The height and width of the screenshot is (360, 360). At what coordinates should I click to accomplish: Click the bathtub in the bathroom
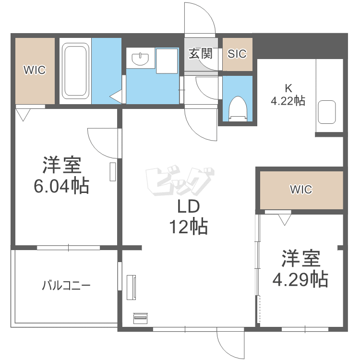(x=75, y=71)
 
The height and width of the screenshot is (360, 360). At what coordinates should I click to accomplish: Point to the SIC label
(x=237, y=54)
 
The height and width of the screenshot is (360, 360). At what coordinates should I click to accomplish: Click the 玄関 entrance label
(x=200, y=54)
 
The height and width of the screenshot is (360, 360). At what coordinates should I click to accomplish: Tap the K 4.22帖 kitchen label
(x=288, y=95)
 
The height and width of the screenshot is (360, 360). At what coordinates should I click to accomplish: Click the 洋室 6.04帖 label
(x=61, y=175)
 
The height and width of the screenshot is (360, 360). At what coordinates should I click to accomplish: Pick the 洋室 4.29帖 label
(x=300, y=269)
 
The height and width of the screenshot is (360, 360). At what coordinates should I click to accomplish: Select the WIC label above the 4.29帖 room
(x=301, y=190)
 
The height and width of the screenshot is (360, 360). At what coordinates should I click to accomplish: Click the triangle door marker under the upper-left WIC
(x=23, y=114)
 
